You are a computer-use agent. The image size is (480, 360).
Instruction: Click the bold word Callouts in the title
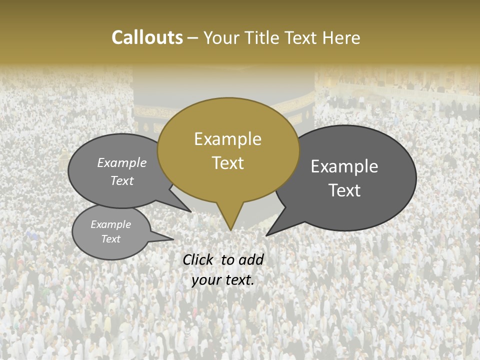click(147, 37)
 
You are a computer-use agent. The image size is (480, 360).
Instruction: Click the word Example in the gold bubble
click(227, 139)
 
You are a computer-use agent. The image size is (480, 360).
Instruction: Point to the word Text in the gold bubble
click(228, 163)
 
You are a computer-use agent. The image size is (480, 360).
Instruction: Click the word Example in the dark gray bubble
click(344, 166)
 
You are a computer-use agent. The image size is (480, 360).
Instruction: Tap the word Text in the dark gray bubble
click(345, 190)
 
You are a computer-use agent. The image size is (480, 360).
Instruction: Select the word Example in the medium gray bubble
click(122, 163)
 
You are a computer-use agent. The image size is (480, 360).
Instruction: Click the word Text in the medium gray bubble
click(122, 180)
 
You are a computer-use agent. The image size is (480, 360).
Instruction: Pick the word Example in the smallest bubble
click(111, 224)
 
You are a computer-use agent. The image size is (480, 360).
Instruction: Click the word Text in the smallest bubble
click(111, 239)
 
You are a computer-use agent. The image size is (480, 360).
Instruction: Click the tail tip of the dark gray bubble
click(267, 235)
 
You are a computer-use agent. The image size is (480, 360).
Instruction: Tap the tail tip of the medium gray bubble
click(190, 211)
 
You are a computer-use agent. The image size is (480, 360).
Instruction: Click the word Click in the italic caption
click(198, 259)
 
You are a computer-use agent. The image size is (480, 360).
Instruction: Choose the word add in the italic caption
click(251, 259)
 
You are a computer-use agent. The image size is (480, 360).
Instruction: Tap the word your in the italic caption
click(205, 280)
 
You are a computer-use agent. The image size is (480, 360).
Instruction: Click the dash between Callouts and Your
click(193, 38)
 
